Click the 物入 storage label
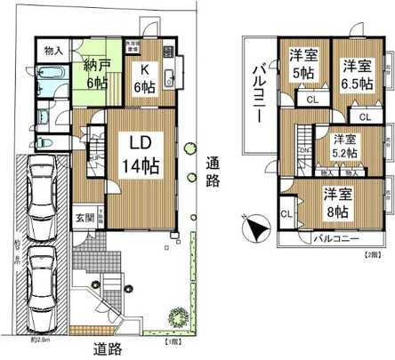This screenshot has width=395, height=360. (x=53, y=51)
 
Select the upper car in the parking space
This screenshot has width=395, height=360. (x=41, y=197)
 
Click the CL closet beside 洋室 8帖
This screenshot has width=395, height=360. (x=286, y=213)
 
